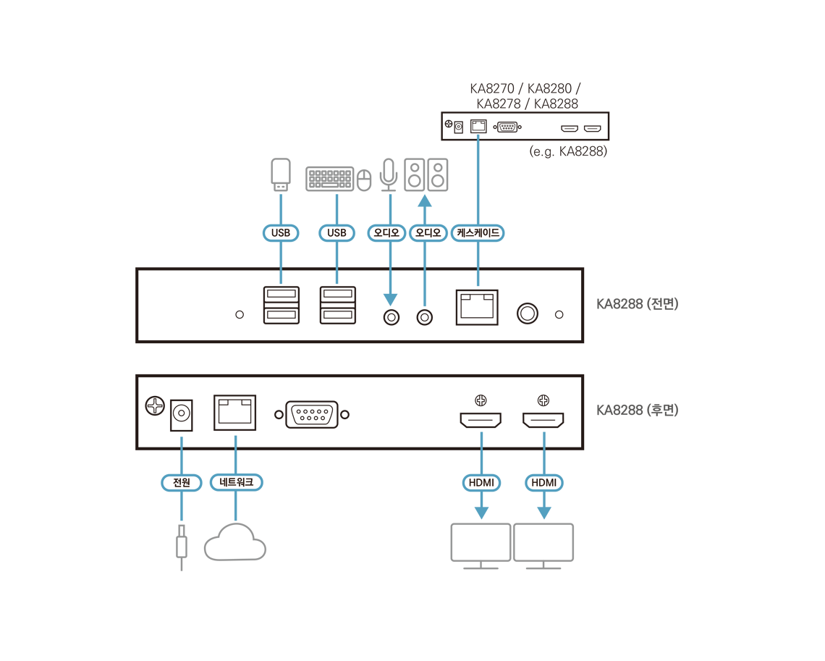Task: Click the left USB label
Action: pos(280,233)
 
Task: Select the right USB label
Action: pos(337,233)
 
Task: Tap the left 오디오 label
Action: pos(387,233)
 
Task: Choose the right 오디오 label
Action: pos(428,233)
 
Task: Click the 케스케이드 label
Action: pos(478,233)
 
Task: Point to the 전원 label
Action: pos(181,482)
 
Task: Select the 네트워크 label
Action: pos(236,482)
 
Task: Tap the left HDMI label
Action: pos(481,482)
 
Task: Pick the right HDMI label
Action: pos(544,482)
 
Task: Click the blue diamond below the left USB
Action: pos(281,278)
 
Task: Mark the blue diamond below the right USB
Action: pos(337,278)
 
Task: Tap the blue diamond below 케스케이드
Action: pos(477,278)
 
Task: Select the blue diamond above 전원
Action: pos(182,439)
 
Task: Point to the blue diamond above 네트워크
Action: pos(236,439)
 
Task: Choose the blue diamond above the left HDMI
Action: pos(482,438)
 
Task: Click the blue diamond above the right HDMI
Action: pos(544,438)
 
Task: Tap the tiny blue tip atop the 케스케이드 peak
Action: pos(478,135)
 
